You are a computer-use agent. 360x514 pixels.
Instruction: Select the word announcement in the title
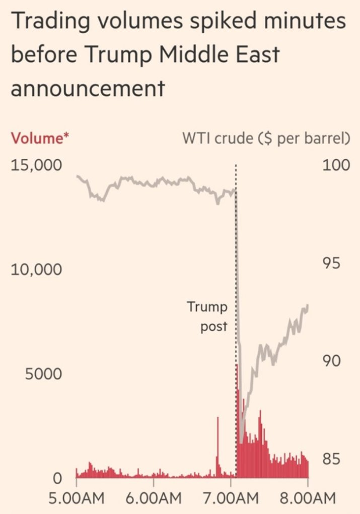(88, 88)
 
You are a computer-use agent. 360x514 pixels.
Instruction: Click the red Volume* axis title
(40, 138)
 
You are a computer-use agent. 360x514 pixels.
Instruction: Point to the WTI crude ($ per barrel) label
(266, 139)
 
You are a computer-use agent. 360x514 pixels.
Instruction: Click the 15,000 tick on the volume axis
(36, 165)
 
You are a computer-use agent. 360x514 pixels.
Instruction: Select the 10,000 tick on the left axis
(36, 270)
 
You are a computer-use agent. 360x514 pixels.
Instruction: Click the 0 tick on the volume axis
(58, 477)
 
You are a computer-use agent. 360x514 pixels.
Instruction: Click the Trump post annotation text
(207, 316)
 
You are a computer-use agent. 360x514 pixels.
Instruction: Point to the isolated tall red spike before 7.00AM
(218, 443)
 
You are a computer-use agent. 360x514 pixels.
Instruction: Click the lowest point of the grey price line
(242, 442)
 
